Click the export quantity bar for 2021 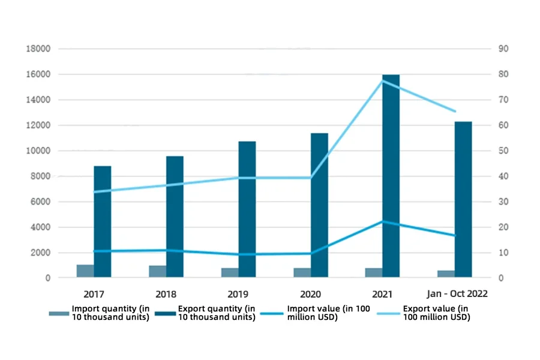391,176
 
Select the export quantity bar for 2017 103,221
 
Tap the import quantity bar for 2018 158,271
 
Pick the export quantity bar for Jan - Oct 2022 463,199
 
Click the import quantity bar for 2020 302,272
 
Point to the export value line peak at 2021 382,80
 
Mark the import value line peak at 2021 382,221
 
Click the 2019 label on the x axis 238,294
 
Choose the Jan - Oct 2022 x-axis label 457,294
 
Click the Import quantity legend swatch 59,313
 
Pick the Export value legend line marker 388,313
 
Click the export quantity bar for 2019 247,209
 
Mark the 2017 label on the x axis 94,294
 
